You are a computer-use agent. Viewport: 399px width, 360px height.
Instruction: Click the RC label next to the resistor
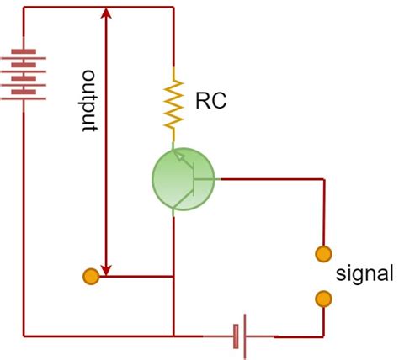(210, 102)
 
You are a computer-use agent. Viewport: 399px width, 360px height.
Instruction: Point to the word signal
(364, 274)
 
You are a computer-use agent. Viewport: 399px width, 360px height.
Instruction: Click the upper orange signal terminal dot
(322, 252)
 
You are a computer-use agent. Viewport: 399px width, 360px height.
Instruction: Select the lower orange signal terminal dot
(322, 298)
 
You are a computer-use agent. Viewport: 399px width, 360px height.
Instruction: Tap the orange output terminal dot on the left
(89, 275)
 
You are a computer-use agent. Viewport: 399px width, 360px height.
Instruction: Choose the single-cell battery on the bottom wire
(238, 336)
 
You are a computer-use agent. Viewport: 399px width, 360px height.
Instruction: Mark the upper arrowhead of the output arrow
(105, 14)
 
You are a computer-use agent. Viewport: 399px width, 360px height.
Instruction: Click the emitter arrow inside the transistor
(179, 157)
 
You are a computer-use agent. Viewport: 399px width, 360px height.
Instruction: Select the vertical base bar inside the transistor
(194, 179)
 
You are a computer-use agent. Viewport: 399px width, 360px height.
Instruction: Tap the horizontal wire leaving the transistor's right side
(269, 179)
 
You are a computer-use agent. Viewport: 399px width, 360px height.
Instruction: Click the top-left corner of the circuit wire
(23, 8)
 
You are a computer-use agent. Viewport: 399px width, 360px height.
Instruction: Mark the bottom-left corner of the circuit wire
(23, 335)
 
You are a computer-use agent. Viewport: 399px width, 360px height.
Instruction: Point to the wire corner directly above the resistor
(173, 8)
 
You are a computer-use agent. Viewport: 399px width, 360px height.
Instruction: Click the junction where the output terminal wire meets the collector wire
(173, 275)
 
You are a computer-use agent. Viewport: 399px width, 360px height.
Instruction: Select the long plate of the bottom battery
(243, 336)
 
